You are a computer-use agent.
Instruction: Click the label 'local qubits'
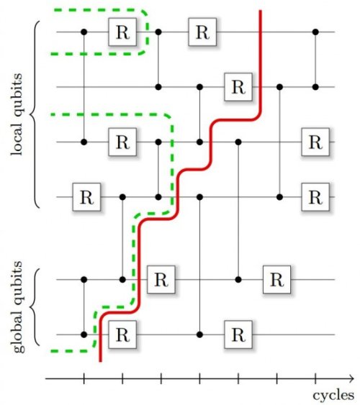[17, 114]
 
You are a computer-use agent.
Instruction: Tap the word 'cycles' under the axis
[333, 396]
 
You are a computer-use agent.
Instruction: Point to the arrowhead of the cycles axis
[351, 379]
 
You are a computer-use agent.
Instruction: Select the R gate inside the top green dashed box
[122, 32]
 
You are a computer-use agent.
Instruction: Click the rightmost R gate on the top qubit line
[202, 32]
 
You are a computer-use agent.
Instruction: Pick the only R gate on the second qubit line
[238, 87]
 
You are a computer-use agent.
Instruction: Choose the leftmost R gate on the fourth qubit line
[86, 197]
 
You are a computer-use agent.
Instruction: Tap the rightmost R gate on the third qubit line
[315, 142]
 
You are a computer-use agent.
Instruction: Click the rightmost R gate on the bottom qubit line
[238, 335]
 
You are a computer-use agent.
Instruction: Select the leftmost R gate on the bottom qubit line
[122, 335]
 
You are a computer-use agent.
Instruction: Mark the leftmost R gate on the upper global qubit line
[161, 279]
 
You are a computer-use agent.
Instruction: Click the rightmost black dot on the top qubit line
[315, 32]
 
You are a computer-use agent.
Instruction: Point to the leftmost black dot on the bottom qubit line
[84, 335]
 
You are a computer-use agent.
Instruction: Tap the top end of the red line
[261, 11]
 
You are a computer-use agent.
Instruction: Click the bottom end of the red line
[101, 361]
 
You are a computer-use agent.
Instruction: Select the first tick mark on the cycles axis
[84, 379]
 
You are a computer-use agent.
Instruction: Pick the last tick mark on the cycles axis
[315, 379]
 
